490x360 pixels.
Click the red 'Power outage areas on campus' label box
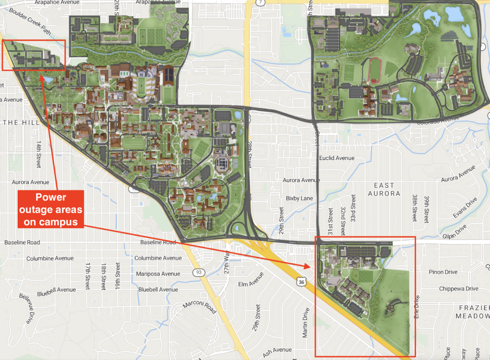(x=51, y=209)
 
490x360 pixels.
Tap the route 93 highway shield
(x=199, y=272)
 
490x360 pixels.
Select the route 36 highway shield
(x=301, y=282)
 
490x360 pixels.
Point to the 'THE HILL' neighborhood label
(x=21, y=123)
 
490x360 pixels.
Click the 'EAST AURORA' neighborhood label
(x=384, y=190)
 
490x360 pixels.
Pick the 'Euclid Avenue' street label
(x=337, y=158)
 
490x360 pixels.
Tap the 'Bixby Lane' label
(x=299, y=198)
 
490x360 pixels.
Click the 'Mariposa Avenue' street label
(x=158, y=274)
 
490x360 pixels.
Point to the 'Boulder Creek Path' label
(x=30, y=21)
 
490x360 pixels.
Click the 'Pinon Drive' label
(x=443, y=272)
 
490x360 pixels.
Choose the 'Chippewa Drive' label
(x=459, y=289)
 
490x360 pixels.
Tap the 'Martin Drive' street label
(x=305, y=322)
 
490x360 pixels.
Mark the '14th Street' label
(x=39, y=154)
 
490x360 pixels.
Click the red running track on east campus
(x=375, y=70)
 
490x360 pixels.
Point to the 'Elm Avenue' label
(x=251, y=280)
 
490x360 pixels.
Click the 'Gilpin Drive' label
(x=454, y=232)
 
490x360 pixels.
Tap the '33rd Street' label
(x=353, y=208)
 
